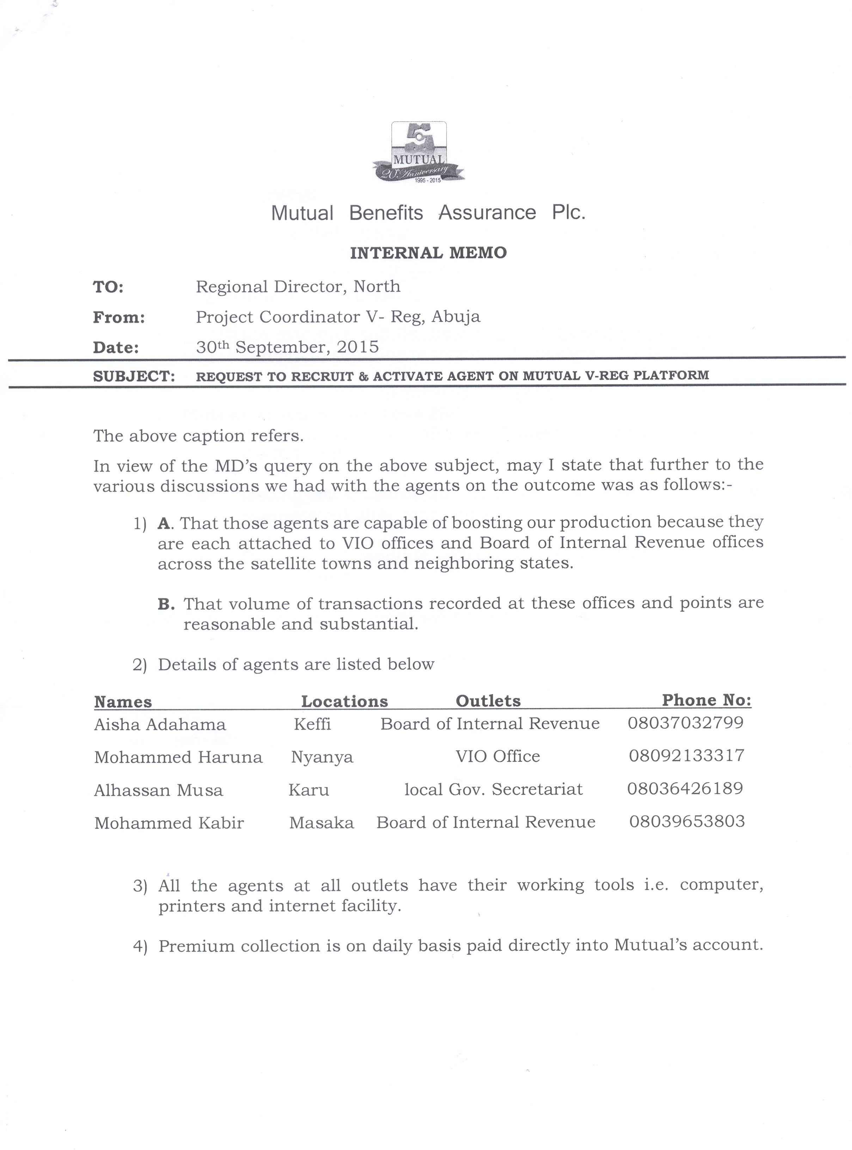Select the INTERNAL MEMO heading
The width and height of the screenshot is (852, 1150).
(x=428, y=253)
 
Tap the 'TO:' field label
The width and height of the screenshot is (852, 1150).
(x=108, y=287)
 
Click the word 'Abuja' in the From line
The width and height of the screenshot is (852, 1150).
(x=455, y=316)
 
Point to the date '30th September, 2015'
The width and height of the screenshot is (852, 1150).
(x=287, y=346)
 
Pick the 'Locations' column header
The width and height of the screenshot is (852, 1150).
(x=344, y=701)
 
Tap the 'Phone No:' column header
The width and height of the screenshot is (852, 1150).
(x=706, y=700)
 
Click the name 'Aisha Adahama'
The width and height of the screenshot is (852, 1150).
(x=160, y=725)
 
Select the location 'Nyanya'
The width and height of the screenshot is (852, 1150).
(x=322, y=757)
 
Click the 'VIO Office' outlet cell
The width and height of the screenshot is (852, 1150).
(x=498, y=756)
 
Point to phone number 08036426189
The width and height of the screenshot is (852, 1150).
(x=685, y=788)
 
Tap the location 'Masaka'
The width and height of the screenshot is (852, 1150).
(x=321, y=822)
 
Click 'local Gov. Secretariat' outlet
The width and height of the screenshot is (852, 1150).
(x=494, y=789)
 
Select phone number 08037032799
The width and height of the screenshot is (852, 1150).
(x=685, y=722)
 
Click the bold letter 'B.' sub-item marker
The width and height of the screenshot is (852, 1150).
(x=166, y=604)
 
